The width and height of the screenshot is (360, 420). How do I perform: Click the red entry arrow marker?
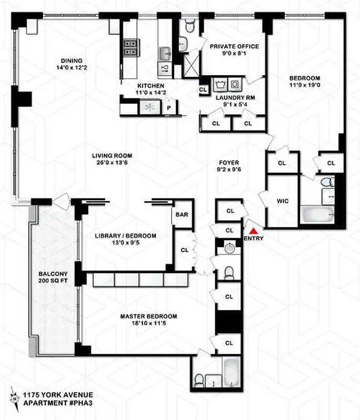(x=253, y=230)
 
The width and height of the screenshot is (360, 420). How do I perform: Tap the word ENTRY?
(x=253, y=239)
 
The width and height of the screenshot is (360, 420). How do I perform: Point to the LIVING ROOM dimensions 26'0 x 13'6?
(x=112, y=163)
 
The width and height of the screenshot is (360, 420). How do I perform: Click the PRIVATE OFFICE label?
(x=231, y=46)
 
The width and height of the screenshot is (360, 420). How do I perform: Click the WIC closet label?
(x=283, y=201)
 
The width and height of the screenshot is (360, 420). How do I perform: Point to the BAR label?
(x=182, y=215)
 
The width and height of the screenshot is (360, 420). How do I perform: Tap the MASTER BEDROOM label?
(x=149, y=316)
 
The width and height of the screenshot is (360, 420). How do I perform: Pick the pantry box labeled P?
(x=168, y=109)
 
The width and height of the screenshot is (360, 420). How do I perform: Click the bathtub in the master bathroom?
(x=231, y=372)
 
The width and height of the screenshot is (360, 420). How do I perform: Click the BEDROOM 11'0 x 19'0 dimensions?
(x=304, y=87)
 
